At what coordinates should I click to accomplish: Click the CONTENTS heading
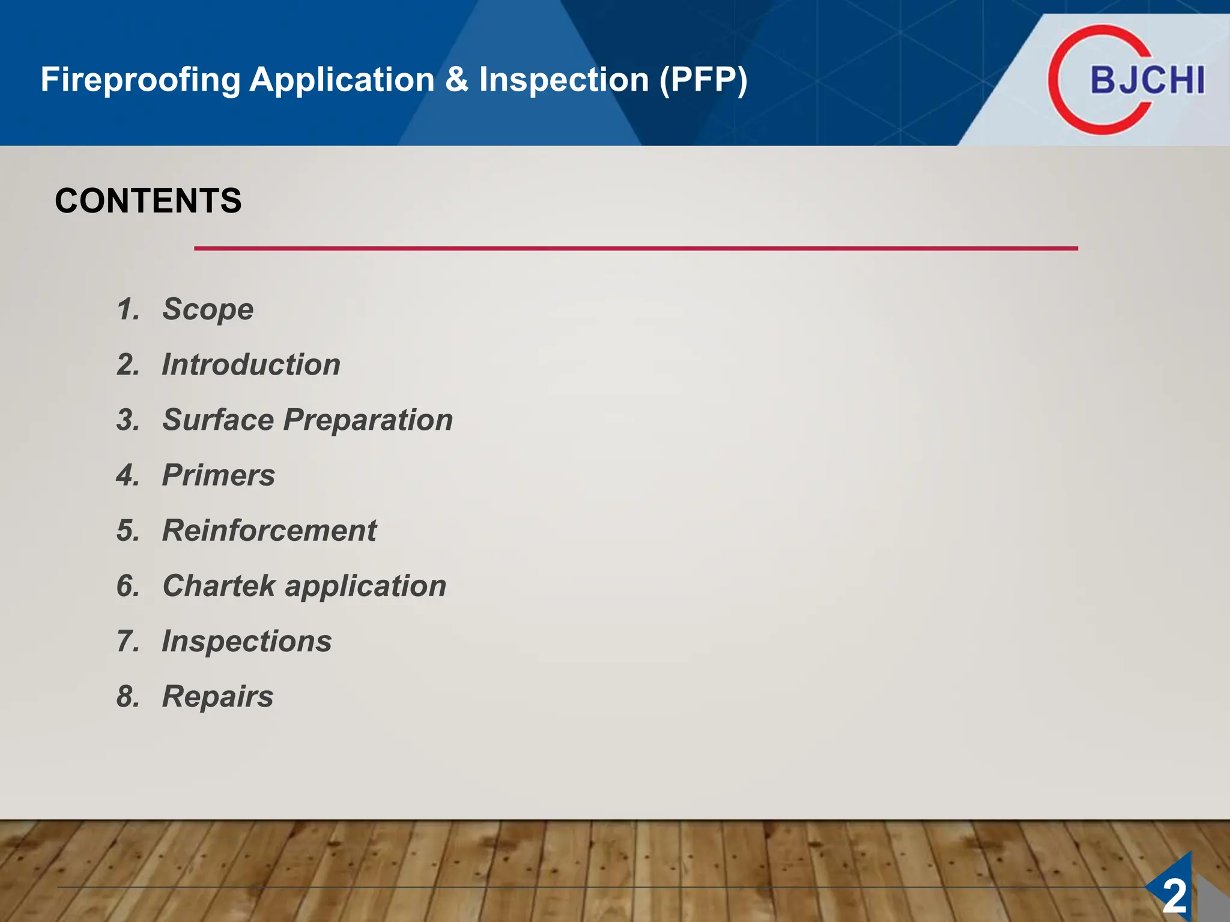tap(148, 200)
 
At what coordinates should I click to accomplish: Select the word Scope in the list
tap(208, 310)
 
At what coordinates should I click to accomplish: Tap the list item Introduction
tap(251, 365)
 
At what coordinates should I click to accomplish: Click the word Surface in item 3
tap(217, 420)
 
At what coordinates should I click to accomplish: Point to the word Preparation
tap(368, 421)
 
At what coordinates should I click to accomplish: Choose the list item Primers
tap(219, 475)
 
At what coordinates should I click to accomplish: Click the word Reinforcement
tap(269, 531)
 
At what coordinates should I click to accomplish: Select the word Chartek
tap(219, 586)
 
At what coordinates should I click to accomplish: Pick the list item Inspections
tap(246, 641)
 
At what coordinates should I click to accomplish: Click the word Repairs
tap(217, 697)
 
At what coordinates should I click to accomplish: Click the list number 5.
tap(127, 531)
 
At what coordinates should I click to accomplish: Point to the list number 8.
tap(127, 697)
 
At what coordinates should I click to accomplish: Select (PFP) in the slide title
tap(703, 80)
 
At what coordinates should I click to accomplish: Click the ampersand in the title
tap(456, 80)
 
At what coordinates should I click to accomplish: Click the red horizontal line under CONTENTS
tap(635, 248)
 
